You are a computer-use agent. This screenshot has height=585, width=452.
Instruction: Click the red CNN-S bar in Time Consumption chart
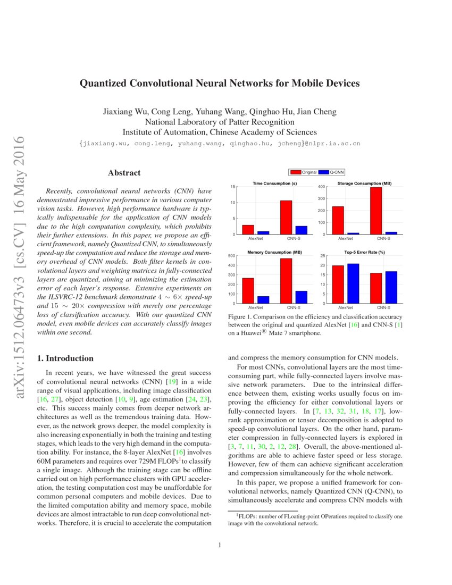286,217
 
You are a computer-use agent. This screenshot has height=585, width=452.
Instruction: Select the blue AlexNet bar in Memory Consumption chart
263,299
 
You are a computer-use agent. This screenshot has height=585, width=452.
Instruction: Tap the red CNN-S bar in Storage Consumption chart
376,211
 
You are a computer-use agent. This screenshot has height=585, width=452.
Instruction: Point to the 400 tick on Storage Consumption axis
321,187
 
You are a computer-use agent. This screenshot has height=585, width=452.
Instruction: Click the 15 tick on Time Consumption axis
232,187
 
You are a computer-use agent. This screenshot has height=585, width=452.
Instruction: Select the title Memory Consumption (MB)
274,252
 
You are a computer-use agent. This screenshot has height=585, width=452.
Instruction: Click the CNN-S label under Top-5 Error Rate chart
382,308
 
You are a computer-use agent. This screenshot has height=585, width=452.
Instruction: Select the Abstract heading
124,173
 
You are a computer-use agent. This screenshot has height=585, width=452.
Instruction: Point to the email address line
219,144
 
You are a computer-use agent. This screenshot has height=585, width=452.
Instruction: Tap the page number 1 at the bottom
220,545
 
